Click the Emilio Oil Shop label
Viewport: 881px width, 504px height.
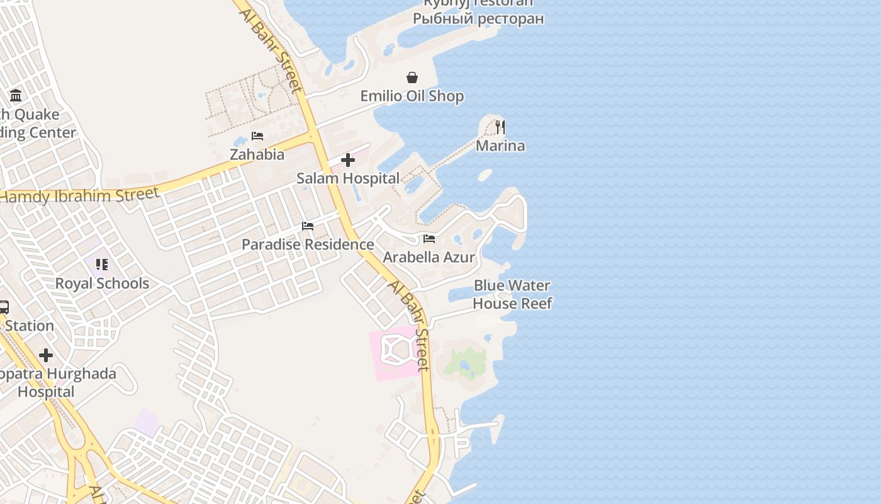[x=412, y=96]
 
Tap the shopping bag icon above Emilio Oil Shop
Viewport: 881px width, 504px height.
[x=412, y=77]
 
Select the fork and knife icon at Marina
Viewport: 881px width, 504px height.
[x=500, y=127]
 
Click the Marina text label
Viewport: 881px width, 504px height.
[x=500, y=146]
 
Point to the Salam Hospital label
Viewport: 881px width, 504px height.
[x=348, y=179]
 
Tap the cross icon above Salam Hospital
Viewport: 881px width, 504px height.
[x=348, y=160]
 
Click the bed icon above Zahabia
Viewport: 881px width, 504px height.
[x=257, y=136]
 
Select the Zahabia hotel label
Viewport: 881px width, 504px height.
[x=257, y=155]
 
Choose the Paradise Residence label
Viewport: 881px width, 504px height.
[x=308, y=244]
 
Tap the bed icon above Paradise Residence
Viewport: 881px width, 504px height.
[x=308, y=226]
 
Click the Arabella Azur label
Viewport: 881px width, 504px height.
[x=429, y=257]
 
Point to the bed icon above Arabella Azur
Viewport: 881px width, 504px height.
[x=429, y=239]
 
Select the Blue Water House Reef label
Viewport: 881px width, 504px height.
[x=512, y=295]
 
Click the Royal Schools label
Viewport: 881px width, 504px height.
[x=102, y=283]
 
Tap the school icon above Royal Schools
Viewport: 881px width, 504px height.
[x=102, y=265]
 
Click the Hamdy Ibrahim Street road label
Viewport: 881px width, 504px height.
[x=79, y=195]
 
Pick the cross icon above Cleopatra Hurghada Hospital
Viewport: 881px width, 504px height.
[x=46, y=355]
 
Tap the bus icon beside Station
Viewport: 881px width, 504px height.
[x=3, y=307]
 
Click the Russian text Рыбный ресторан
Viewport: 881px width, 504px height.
[x=478, y=18]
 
